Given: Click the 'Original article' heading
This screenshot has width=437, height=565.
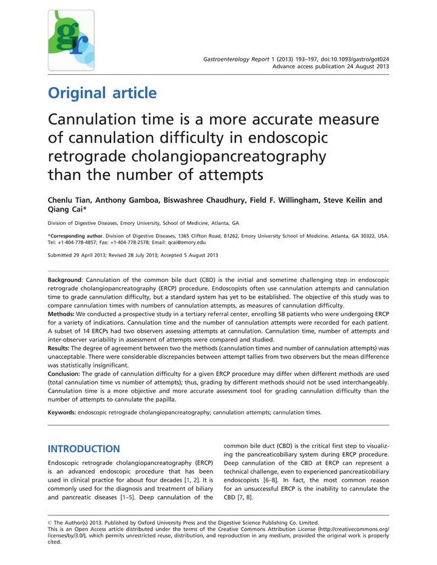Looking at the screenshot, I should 102,94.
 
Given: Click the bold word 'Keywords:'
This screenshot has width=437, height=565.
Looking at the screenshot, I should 62,413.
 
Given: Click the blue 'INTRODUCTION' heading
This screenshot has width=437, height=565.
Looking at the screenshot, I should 84,449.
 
